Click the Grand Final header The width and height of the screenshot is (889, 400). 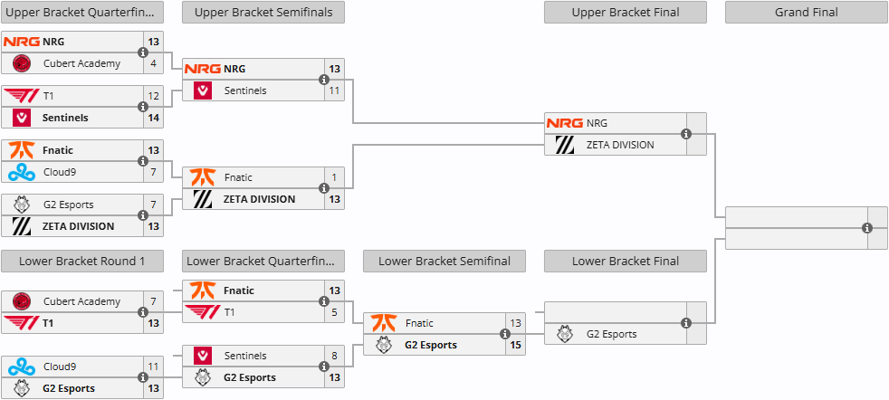click(x=806, y=13)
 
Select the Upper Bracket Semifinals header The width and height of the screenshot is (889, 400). click(x=263, y=13)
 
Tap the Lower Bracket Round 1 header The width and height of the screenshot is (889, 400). click(x=81, y=262)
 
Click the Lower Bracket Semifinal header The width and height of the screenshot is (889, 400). click(x=444, y=262)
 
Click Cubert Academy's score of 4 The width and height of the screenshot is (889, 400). click(x=154, y=63)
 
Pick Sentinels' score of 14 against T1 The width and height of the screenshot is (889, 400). click(x=154, y=118)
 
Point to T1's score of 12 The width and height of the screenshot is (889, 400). click(x=154, y=96)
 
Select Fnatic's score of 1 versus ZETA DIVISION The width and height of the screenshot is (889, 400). click(x=334, y=177)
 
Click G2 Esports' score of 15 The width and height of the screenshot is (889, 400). click(x=515, y=345)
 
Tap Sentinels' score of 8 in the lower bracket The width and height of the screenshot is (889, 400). click(x=334, y=356)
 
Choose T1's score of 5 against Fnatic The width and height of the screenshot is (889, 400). click(x=334, y=312)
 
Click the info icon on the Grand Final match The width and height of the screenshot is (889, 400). click(x=867, y=228)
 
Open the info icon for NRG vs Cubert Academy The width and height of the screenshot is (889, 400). click(x=143, y=52)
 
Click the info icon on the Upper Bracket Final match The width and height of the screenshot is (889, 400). click(x=686, y=134)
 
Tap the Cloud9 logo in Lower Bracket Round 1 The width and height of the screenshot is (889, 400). click(x=22, y=367)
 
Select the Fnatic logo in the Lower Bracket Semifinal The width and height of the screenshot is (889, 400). click(x=384, y=323)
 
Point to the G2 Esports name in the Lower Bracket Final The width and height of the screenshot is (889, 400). click(x=611, y=334)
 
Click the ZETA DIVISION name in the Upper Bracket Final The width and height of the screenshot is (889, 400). click(x=619, y=145)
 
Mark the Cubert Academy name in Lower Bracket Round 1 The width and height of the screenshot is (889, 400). click(x=81, y=301)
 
